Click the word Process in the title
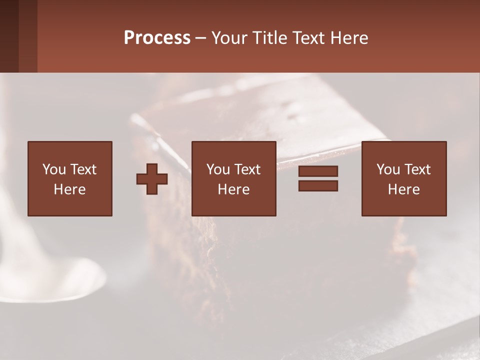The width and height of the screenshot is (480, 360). pos(157,38)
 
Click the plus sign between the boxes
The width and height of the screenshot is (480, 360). pos(152,179)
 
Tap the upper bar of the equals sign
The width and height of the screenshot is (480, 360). pos(318,171)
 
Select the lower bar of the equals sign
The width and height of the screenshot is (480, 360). pos(318,185)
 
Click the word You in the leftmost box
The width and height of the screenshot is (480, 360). pos(54,169)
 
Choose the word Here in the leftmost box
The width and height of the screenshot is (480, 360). pos(69,189)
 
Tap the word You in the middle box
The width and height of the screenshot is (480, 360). pos(218,169)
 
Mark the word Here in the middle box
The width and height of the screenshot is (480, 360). pos(233,189)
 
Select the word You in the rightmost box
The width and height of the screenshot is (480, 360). pos(388,169)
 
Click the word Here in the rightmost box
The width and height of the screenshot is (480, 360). pos(403,189)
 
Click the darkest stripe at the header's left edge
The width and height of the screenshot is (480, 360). pos(9,36)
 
